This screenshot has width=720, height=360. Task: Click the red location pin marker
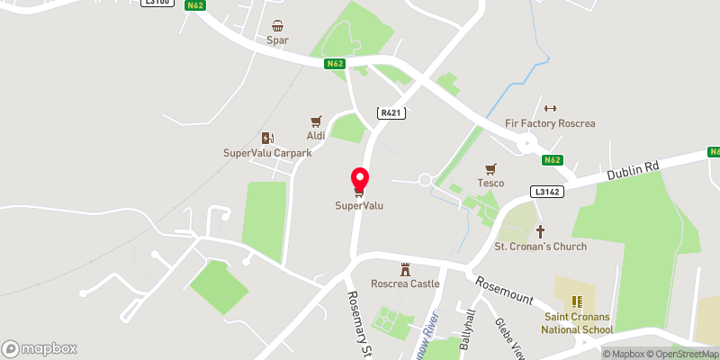pos(359,180)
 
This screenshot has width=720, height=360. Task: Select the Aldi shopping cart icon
pos(316,121)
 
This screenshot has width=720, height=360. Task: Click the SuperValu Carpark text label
pos(267,153)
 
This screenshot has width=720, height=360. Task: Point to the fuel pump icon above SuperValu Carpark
pos(267,138)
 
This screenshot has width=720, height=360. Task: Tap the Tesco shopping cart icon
pos(490,168)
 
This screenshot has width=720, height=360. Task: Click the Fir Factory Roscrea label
pos(551,123)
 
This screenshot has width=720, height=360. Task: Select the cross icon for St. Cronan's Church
pos(541,231)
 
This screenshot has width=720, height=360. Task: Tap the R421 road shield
pos(391,112)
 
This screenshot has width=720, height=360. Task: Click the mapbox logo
pos(40,348)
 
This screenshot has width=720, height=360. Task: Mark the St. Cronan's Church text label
pos(541,247)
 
